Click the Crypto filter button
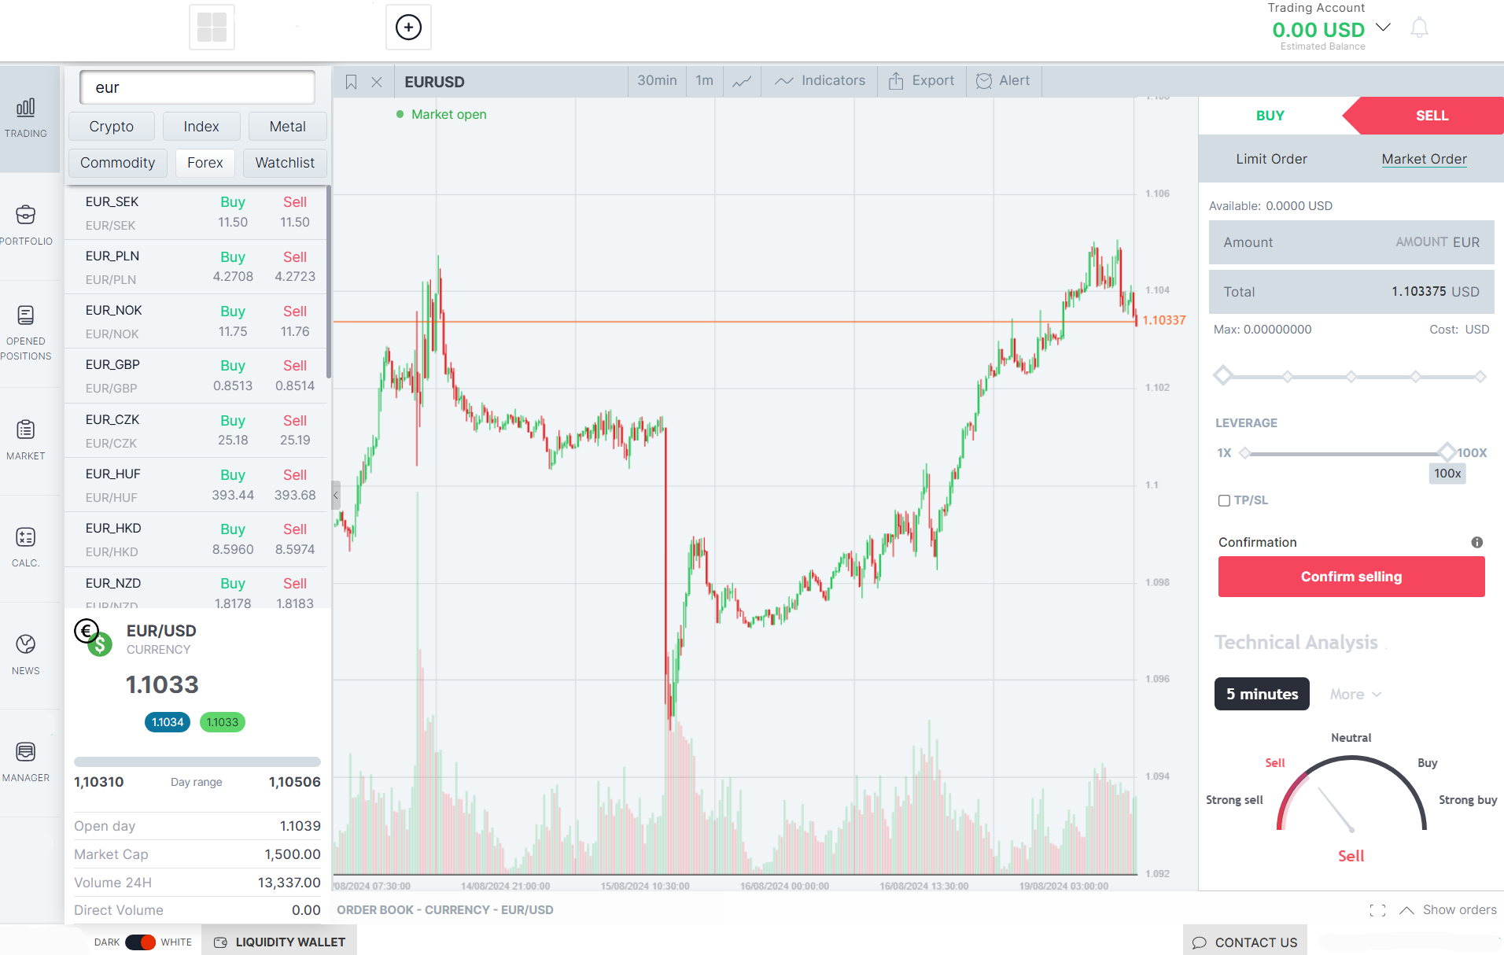point(111,127)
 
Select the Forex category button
point(205,163)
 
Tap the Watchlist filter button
point(284,163)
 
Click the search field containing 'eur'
point(197,87)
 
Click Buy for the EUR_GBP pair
point(232,366)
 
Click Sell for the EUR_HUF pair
point(294,475)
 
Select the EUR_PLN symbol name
point(112,256)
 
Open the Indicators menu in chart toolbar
point(820,81)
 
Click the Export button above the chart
point(921,81)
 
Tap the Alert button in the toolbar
point(1003,81)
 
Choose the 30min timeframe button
point(657,81)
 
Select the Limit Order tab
point(1271,159)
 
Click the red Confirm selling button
point(1351,577)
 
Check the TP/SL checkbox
point(1224,500)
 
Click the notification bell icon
point(1419,28)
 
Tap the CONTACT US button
point(1245,942)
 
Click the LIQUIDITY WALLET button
point(279,942)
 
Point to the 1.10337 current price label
point(1163,320)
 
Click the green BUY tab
point(1270,116)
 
